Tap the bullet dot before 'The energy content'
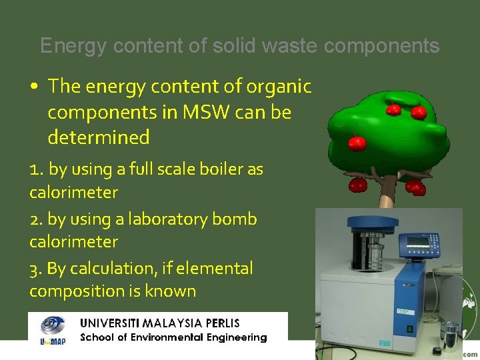[34, 87]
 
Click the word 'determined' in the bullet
[99, 137]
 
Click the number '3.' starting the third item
[36, 269]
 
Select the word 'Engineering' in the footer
[233, 337]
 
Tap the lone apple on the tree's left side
[357, 142]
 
